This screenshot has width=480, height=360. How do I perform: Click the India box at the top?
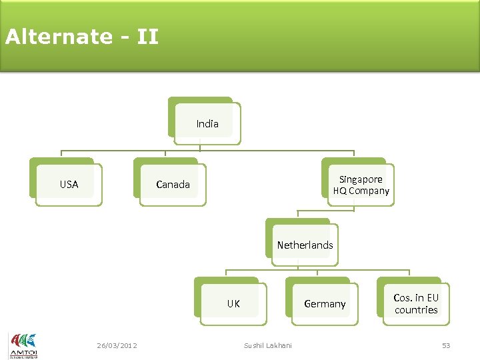point(207,123)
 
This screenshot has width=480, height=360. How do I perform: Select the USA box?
point(69,185)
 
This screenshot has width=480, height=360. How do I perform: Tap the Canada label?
point(173,185)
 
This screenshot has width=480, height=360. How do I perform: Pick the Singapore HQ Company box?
point(361,185)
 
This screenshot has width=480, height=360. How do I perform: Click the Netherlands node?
point(305,245)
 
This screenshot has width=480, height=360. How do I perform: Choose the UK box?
point(233,304)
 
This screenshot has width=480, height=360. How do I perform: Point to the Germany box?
point(325,304)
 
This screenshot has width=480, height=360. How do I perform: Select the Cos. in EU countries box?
point(416,304)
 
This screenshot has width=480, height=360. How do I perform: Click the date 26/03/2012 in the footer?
point(117,345)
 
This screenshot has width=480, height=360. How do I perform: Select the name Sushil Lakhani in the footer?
point(267,345)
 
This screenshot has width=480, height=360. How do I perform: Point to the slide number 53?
point(446,345)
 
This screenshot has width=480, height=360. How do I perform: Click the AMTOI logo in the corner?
point(23,345)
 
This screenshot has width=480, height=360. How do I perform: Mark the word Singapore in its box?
point(361,179)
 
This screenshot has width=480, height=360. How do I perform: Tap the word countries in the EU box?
point(416,310)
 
